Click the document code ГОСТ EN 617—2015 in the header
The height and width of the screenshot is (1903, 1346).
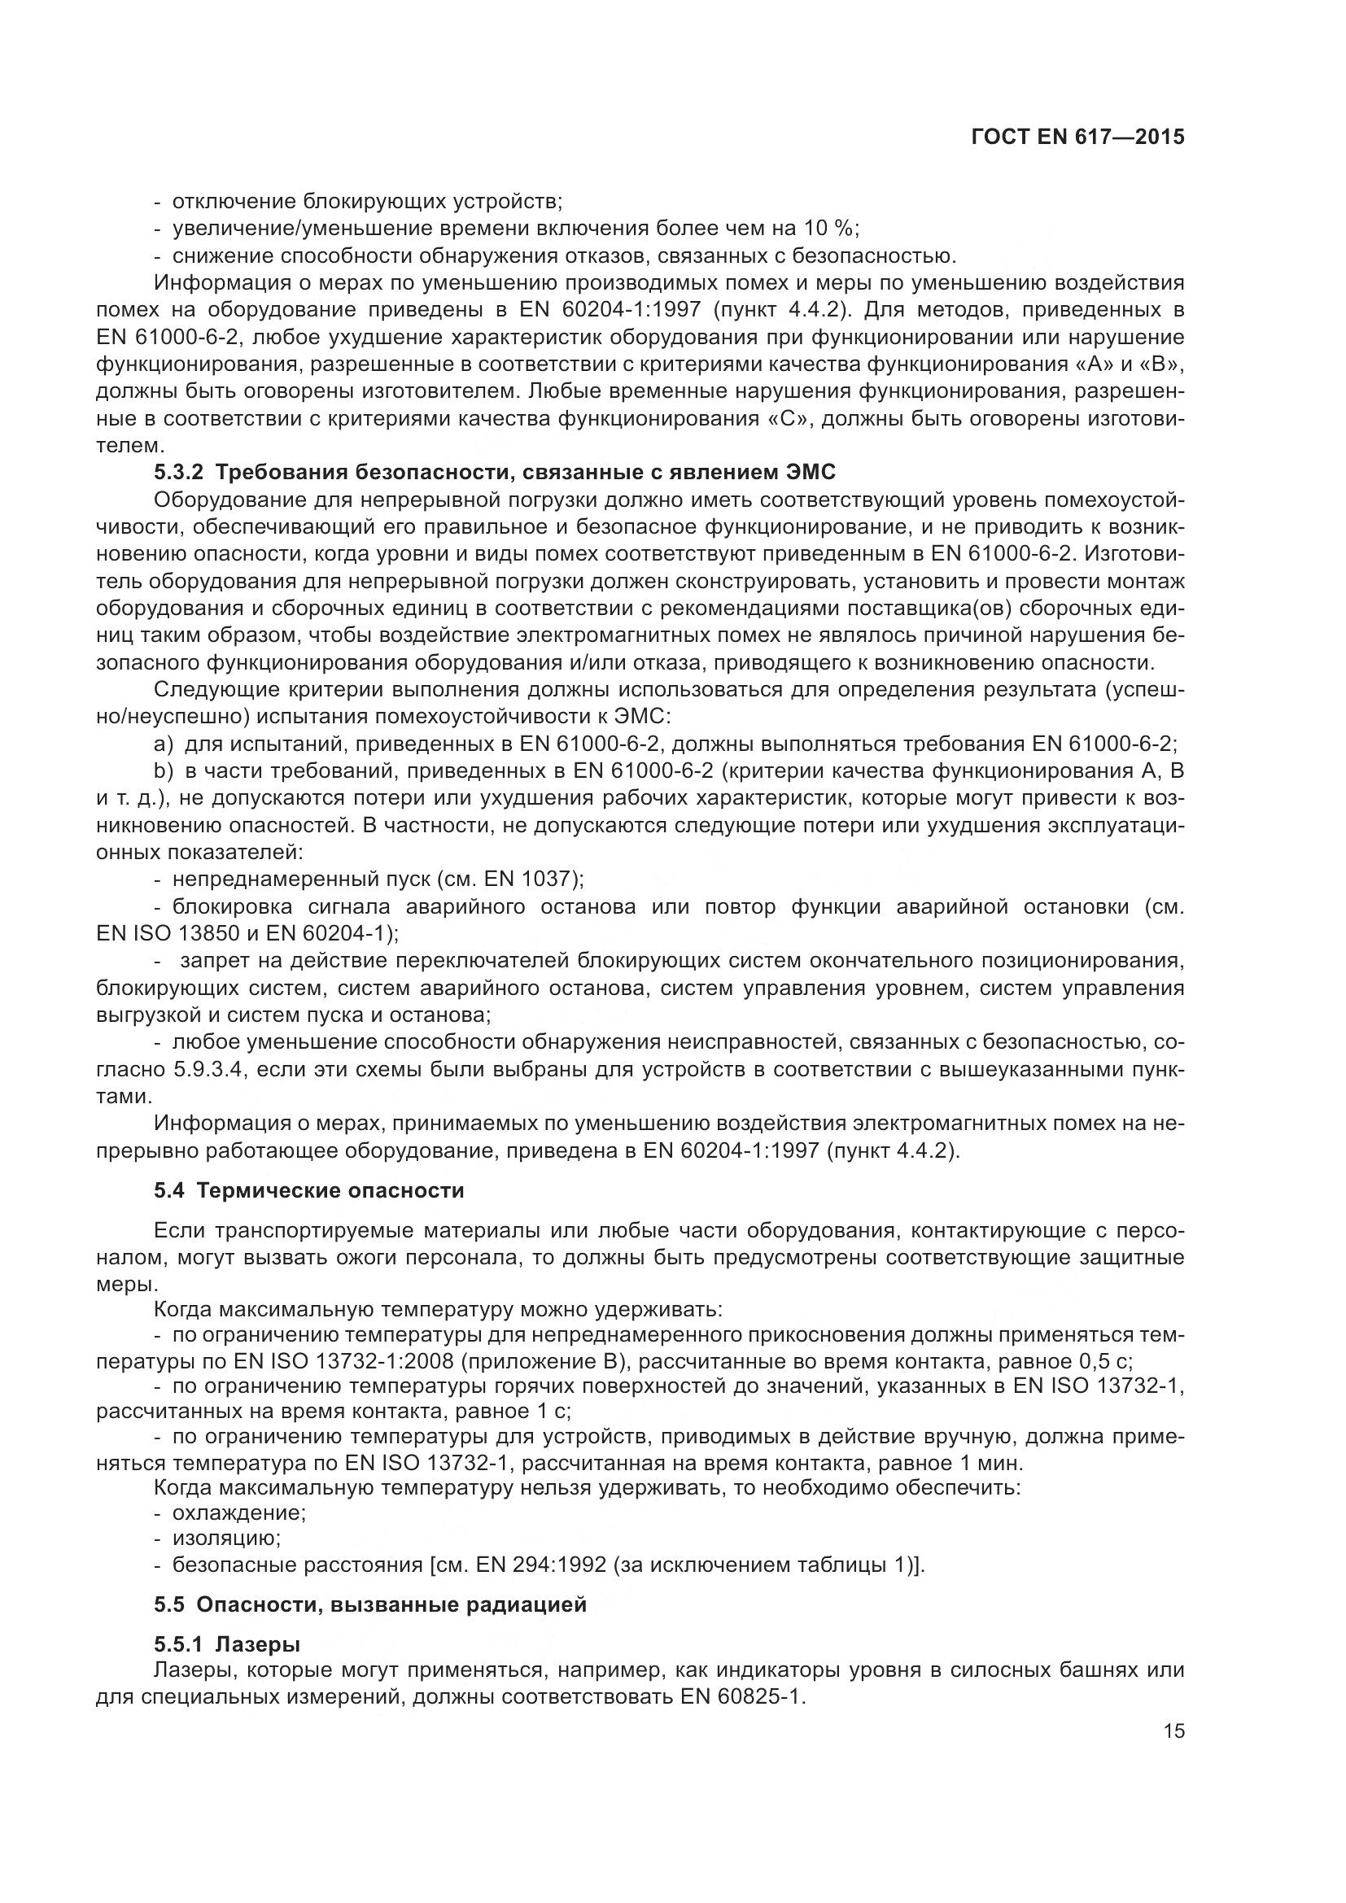coord(1077,137)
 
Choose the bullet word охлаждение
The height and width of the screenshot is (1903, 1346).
coord(239,1512)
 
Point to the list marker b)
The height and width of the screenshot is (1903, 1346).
coord(164,770)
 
